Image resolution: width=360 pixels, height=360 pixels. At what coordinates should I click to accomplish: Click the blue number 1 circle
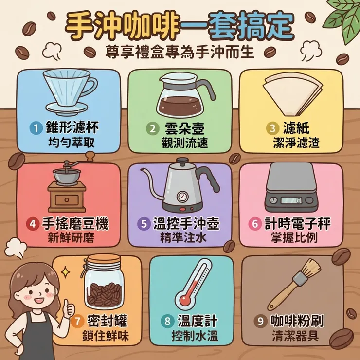36,128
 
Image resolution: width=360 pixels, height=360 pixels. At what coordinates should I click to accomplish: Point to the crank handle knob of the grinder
90,156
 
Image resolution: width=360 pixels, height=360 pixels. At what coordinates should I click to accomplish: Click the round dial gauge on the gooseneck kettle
183,197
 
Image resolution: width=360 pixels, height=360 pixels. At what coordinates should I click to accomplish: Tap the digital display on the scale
291,200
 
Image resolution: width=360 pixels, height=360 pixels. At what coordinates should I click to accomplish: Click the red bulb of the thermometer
184,300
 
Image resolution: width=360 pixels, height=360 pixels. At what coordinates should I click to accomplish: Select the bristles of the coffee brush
310,269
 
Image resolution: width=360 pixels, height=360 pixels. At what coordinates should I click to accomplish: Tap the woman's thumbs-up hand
69,307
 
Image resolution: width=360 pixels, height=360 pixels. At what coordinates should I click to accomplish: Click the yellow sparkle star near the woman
66,272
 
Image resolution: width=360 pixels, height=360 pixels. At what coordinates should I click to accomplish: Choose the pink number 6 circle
255,224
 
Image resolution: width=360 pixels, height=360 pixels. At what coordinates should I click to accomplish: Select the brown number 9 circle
260,321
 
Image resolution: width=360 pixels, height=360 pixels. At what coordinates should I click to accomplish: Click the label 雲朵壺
185,128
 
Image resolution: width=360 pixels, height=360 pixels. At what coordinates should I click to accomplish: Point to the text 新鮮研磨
71,238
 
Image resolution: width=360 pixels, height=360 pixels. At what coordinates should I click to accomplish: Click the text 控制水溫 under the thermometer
195,336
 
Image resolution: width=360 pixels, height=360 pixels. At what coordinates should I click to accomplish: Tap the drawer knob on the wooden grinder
67,200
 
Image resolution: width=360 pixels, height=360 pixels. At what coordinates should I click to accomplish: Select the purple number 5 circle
144,224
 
